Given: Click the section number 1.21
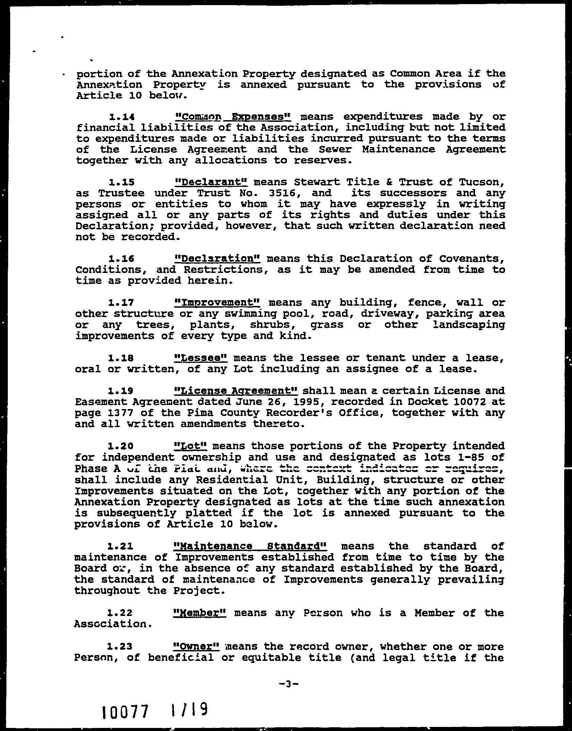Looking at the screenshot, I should coord(119,547).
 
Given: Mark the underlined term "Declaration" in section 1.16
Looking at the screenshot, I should coord(217,259).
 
